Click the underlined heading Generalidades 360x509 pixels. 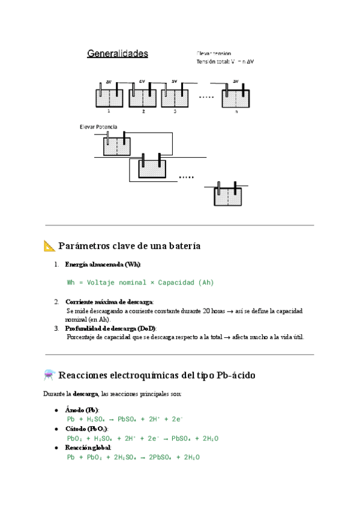pos(118,54)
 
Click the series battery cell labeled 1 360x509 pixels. pos(109,97)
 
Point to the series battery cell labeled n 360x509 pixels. pos(236,97)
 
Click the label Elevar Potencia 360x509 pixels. pos(98,127)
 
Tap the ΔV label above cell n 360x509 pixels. pos(235,81)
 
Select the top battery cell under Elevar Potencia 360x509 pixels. pos(116,146)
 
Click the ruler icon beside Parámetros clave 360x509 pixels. pos(49,245)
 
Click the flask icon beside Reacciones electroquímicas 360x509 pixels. pos(49,375)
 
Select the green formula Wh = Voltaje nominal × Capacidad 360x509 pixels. pos(140,282)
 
